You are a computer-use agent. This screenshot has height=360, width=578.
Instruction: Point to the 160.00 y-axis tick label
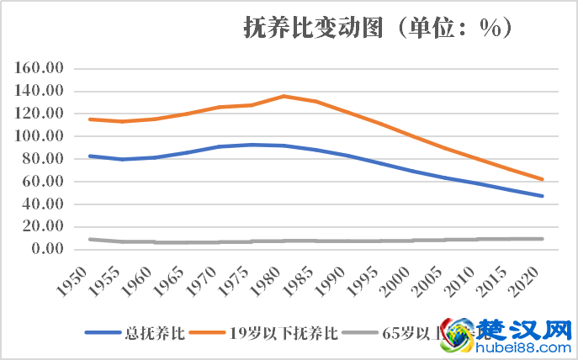[x=41, y=68]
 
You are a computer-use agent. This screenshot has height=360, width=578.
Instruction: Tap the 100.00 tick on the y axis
[x=41, y=136]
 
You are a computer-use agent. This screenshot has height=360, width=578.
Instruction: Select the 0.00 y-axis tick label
[x=47, y=249]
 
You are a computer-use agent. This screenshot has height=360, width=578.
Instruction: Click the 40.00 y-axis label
[x=45, y=204]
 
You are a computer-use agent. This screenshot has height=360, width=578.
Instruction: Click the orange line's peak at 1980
[x=284, y=96]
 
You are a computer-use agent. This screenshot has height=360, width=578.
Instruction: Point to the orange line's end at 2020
[x=543, y=179]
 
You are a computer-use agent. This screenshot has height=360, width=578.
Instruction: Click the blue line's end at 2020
[x=543, y=196]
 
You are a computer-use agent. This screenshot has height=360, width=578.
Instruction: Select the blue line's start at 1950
[x=90, y=156]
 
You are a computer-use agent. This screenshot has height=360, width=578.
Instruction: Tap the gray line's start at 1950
[x=90, y=239]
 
